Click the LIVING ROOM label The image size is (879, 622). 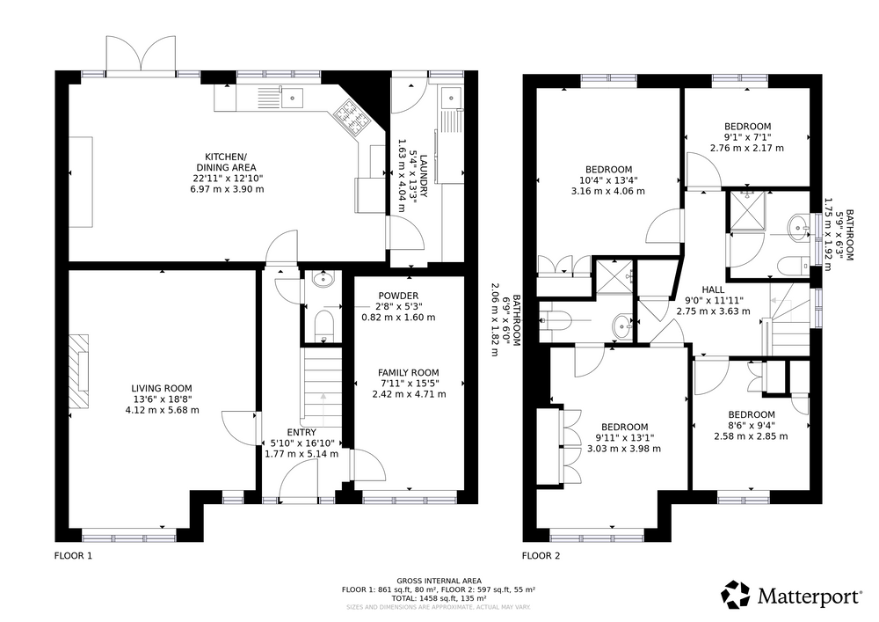(162, 388)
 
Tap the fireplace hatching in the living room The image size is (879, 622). (78, 372)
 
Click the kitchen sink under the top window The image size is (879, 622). (292, 99)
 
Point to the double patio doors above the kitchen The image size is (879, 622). (142, 55)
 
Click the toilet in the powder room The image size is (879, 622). (323, 326)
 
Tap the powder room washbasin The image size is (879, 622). (323, 278)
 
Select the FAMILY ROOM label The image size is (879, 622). (408, 372)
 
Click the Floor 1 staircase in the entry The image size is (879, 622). (323, 387)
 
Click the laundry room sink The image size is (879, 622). (451, 99)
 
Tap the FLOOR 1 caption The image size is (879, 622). (73, 556)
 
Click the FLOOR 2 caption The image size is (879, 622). (541, 556)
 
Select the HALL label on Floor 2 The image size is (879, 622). (713, 289)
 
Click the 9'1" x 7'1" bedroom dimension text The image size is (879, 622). (747, 137)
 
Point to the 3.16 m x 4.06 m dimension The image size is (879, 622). (608, 191)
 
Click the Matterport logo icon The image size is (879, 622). (736, 595)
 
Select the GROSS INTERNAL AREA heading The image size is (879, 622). (439, 581)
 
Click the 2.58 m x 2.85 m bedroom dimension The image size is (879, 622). (751, 436)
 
